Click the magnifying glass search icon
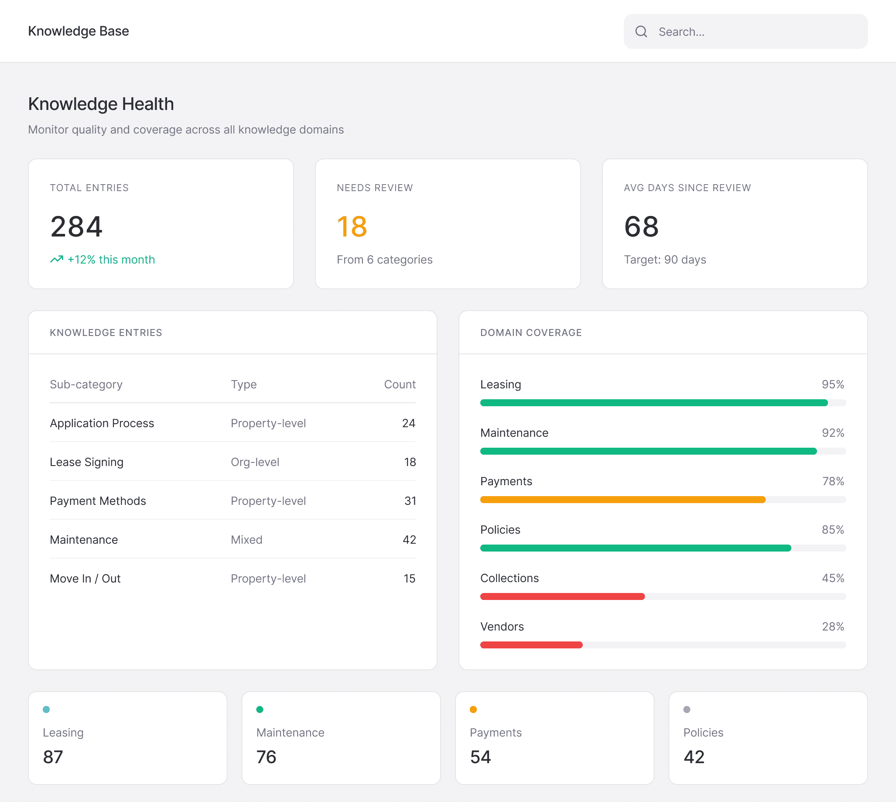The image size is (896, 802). (x=641, y=31)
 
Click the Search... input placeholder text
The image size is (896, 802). (x=681, y=32)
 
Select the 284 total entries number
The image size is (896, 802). (x=76, y=226)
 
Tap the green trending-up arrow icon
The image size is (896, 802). (x=57, y=259)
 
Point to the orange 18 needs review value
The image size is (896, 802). (x=352, y=226)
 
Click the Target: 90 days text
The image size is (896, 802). (x=665, y=260)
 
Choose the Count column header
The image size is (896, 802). (x=400, y=384)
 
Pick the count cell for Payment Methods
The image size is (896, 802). (x=410, y=500)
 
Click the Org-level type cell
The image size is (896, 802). (x=255, y=462)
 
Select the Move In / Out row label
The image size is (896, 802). (x=85, y=578)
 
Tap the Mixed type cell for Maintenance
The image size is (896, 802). (x=247, y=539)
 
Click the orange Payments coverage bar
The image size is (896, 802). (x=623, y=500)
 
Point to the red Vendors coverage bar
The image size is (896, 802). (x=531, y=645)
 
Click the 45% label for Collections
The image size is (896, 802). (x=833, y=578)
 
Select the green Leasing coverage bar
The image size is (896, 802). (x=654, y=403)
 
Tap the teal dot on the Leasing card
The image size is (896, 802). (x=46, y=709)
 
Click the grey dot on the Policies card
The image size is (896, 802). (x=687, y=709)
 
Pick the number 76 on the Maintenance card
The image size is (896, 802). (x=267, y=757)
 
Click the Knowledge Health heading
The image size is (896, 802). (x=101, y=104)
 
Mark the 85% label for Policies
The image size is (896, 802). (x=833, y=530)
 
